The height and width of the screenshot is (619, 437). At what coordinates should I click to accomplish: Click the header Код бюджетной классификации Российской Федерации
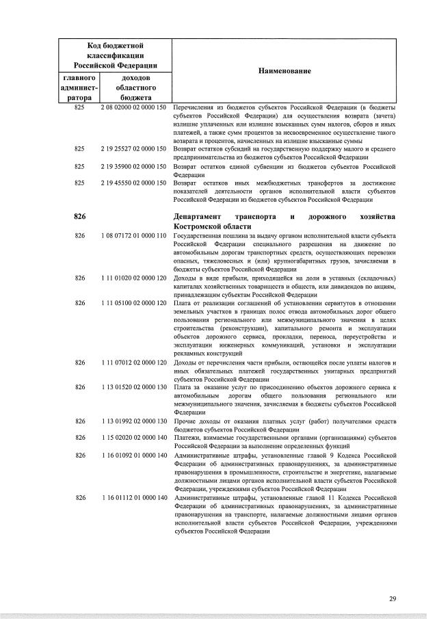tap(115, 55)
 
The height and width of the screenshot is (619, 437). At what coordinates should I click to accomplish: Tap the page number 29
tap(393, 598)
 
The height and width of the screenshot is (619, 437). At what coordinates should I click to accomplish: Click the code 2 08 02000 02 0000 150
tap(133, 108)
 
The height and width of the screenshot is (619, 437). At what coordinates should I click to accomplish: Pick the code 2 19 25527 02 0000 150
tap(133, 148)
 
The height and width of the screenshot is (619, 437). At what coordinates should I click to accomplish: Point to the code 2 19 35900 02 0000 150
tap(133, 166)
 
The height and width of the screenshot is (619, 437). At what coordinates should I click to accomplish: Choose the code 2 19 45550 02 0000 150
tap(133, 183)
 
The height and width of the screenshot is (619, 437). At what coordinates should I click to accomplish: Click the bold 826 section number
tap(79, 217)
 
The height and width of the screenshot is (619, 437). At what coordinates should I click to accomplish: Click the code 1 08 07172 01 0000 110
tap(133, 235)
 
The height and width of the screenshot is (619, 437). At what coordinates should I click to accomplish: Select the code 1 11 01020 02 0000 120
tap(133, 278)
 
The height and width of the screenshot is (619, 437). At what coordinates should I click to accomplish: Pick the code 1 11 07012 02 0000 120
tap(133, 363)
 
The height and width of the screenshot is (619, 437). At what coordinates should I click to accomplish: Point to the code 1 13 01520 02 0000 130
tap(133, 387)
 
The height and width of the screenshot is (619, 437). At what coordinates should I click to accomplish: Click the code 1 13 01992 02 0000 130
tap(133, 421)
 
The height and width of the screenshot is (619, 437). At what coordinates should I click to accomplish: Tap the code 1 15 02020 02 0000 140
tap(133, 437)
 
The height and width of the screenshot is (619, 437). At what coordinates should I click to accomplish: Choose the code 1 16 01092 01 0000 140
tap(133, 455)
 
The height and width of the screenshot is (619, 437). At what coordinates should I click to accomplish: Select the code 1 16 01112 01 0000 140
tap(133, 497)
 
